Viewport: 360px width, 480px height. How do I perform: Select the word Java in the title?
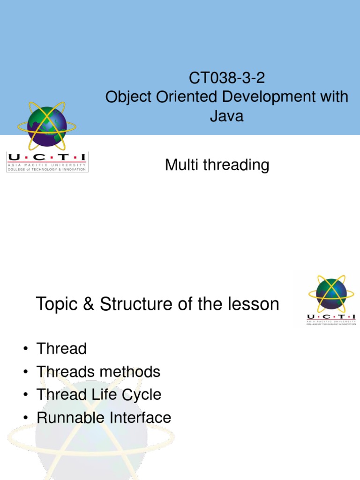tap(226, 115)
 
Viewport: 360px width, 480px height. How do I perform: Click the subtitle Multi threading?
tap(217, 165)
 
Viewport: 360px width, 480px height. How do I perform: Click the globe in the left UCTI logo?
tap(47, 126)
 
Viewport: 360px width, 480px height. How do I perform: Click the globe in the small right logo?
tap(331, 294)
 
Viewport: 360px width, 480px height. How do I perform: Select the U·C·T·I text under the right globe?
tap(331, 317)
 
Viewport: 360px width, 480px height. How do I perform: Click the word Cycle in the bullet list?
tap(142, 395)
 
